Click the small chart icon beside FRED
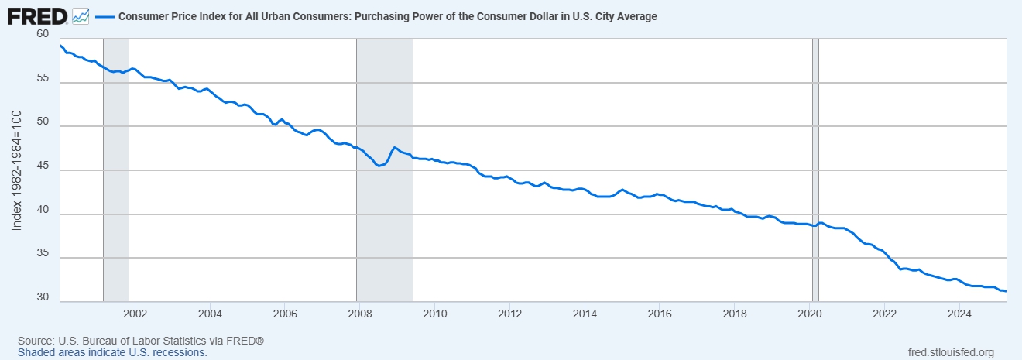tap(81, 15)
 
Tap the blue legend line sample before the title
tap(105, 16)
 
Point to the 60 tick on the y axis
tap(42, 34)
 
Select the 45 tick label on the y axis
tap(42, 170)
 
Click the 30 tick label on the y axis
tap(42, 298)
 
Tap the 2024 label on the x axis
tap(959, 314)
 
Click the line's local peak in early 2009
tap(395, 147)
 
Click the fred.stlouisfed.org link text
tap(950, 352)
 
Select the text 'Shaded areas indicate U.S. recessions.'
tap(112, 352)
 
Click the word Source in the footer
tap(35, 341)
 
